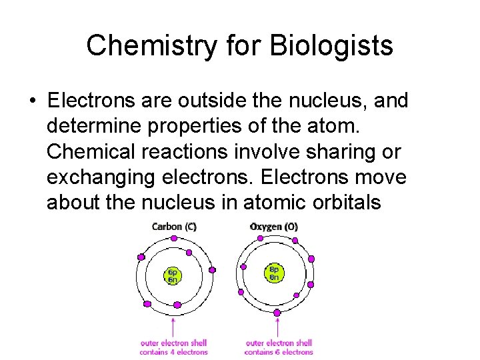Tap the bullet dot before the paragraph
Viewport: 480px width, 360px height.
point(33,101)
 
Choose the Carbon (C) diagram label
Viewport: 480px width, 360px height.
point(174,227)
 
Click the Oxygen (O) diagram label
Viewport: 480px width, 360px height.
point(274,227)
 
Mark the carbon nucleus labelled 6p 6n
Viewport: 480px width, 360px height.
point(173,275)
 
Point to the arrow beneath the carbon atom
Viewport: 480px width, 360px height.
point(174,326)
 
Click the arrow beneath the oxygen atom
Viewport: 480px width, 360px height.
point(277,327)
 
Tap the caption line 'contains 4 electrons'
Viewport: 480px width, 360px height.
point(174,352)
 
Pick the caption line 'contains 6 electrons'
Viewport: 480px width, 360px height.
point(279,352)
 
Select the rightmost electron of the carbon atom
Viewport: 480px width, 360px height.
point(213,270)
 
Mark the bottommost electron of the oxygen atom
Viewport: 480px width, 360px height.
point(277,312)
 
